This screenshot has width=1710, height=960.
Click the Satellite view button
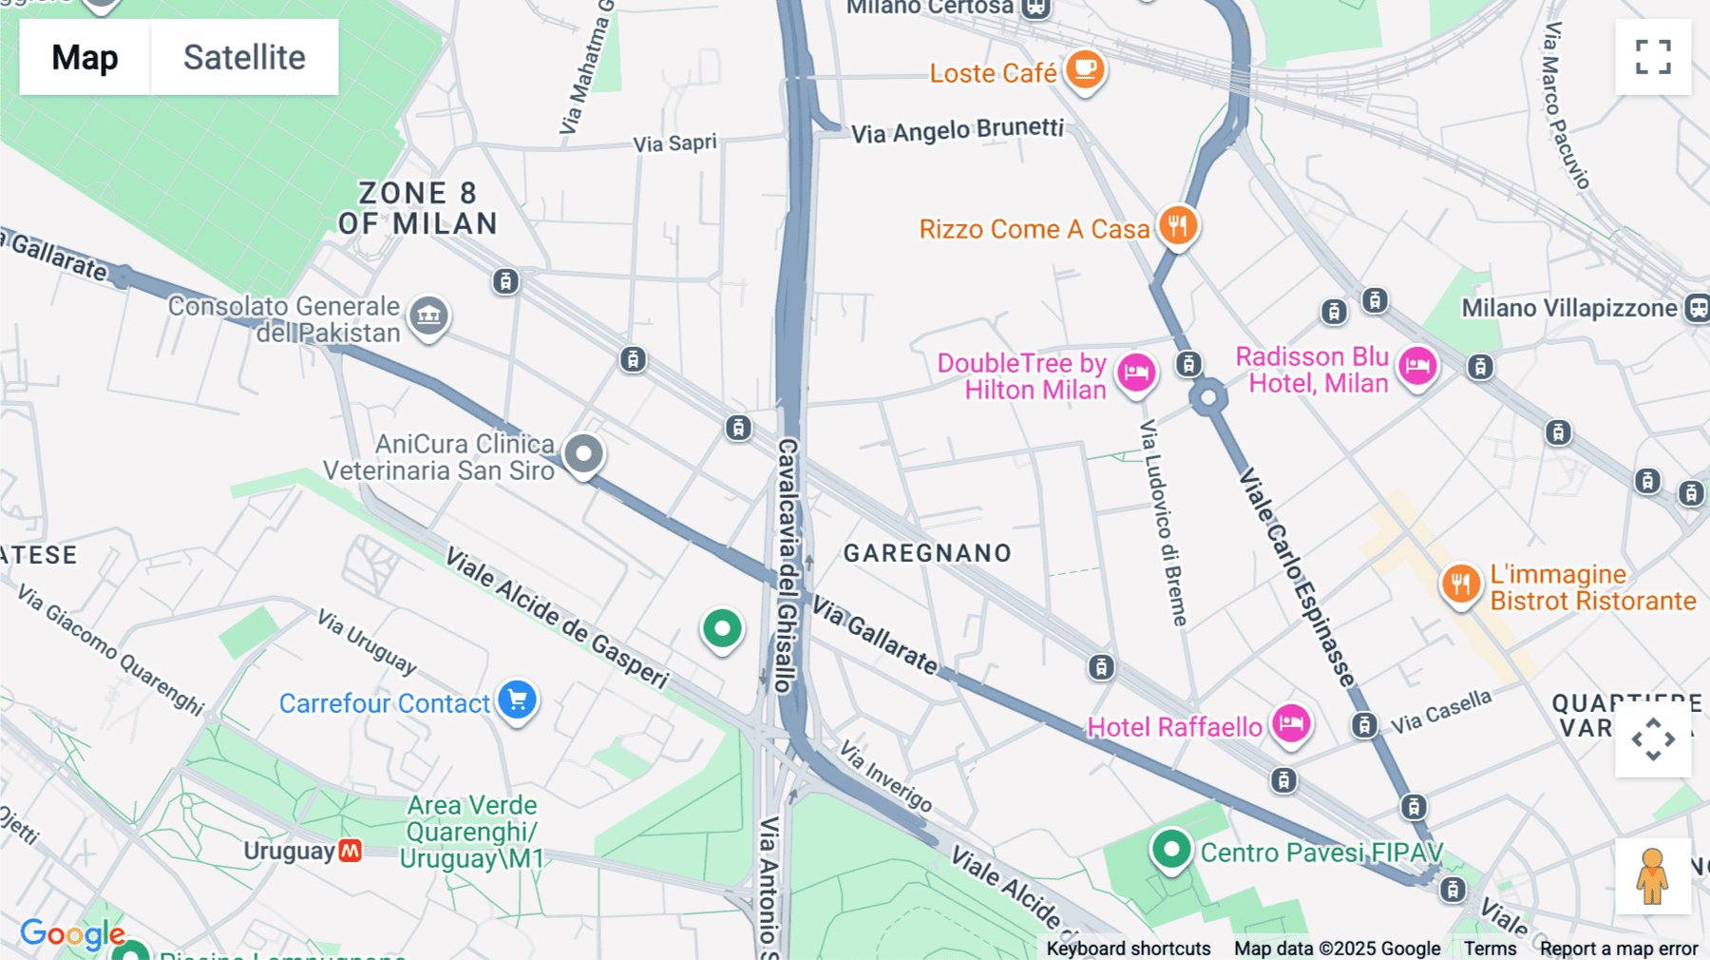(x=244, y=57)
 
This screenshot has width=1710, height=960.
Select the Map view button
(x=85, y=57)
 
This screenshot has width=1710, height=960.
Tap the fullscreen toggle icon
(x=1653, y=57)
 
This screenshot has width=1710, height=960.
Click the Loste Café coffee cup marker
(x=1084, y=69)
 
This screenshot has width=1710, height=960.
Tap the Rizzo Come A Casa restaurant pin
(x=1178, y=226)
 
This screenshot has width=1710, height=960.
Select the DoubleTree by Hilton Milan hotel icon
(x=1136, y=372)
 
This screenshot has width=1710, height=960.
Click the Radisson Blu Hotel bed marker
(x=1417, y=366)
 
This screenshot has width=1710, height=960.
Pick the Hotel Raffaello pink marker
(x=1291, y=724)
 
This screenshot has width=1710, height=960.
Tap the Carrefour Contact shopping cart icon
(x=518, y=701)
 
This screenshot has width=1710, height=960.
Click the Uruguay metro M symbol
(x=351, y=851)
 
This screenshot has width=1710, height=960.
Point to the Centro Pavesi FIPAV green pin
(x=1171, y=849)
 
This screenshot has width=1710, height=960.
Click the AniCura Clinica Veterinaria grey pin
(x=583, y=453)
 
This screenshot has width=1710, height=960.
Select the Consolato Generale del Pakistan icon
(x=428, y=315)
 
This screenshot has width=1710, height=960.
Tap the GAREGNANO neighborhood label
(x=927, y=553)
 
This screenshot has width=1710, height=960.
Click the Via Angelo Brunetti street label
(x=957, y=130)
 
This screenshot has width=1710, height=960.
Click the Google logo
(x=72, y=934)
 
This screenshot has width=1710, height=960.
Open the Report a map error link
(x=1619, y=949)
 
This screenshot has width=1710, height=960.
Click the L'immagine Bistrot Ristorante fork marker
(x=1461, y=584)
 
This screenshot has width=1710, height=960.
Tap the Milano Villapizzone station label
(x=1568, y=308)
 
